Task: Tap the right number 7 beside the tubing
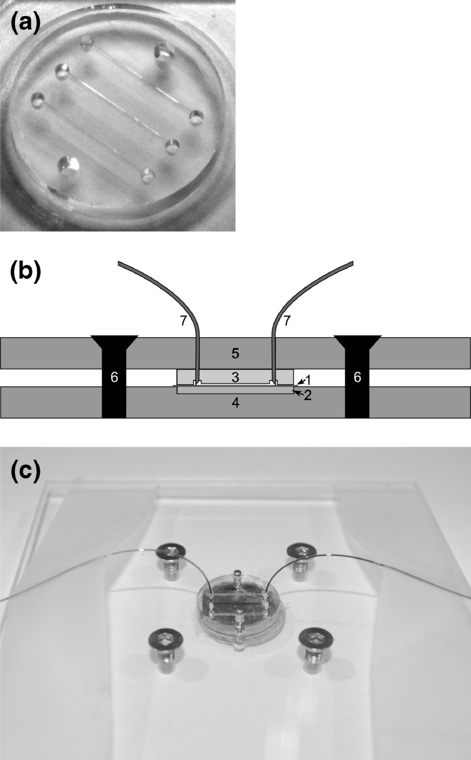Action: point(287,322)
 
